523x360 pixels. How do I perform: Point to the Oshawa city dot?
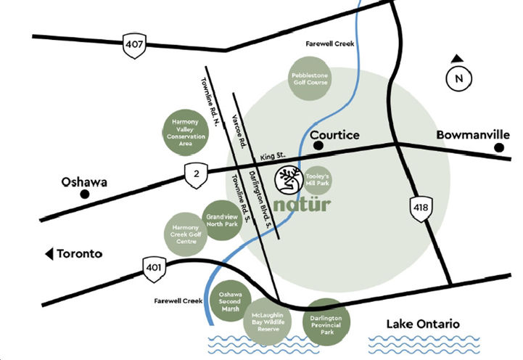coord(85,195)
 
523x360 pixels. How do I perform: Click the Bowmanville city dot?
coord(499,148)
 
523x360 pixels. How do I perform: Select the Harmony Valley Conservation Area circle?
coord(184,132)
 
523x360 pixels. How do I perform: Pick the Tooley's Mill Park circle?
coord(319,180)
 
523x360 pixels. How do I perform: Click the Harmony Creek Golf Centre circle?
coord(184,234)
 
